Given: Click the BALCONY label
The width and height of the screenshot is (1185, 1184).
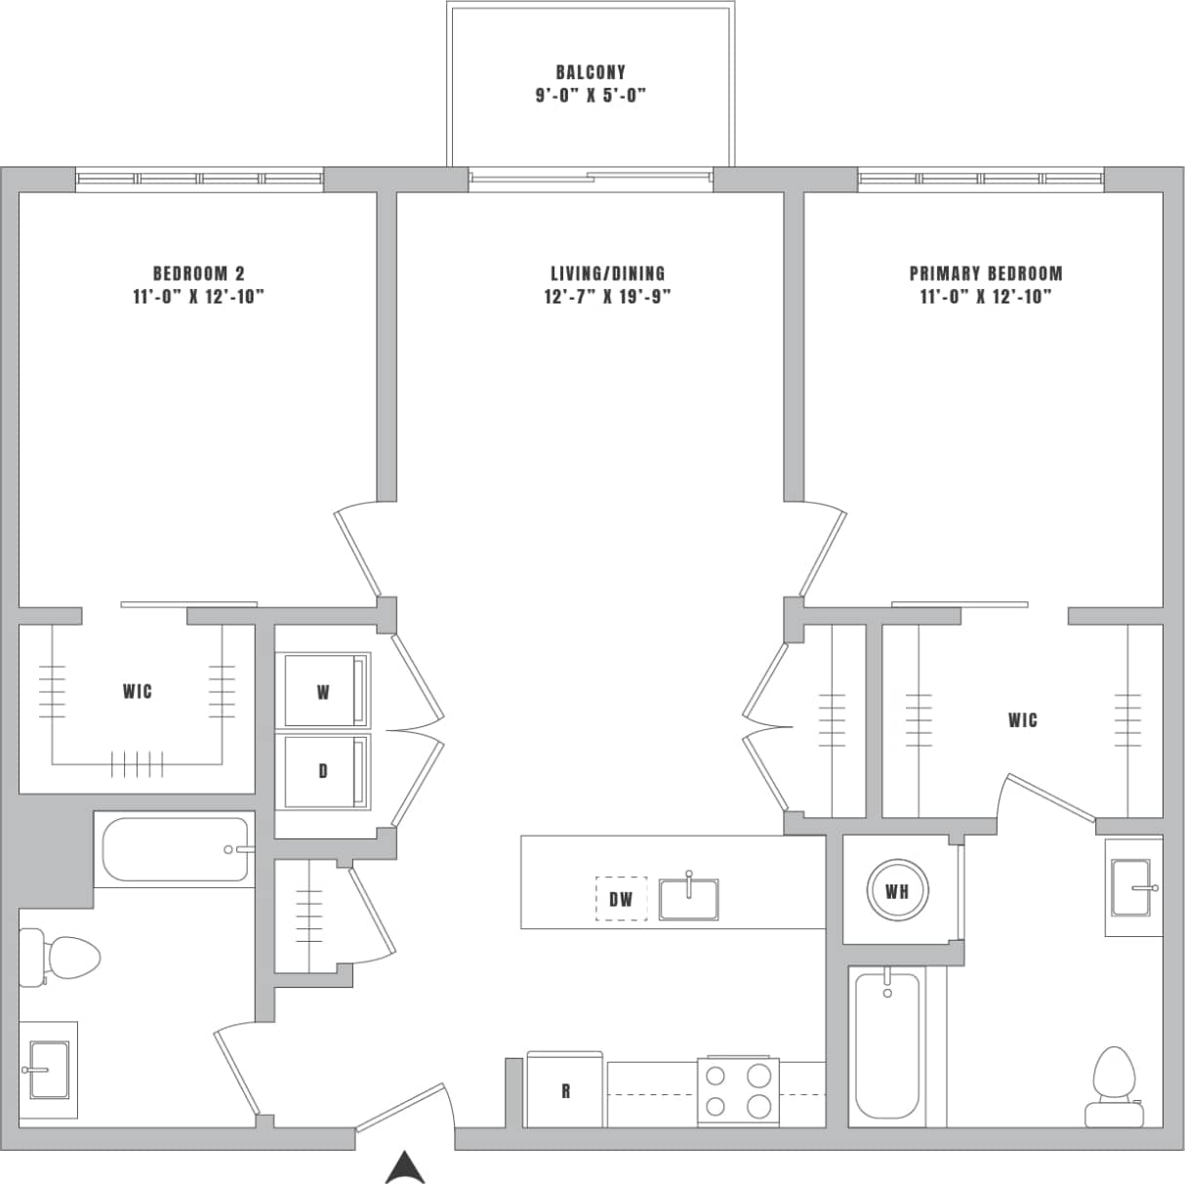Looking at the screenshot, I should tap(591, 72).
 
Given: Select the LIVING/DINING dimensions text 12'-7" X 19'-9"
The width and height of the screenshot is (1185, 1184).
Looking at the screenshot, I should tap(607, 297).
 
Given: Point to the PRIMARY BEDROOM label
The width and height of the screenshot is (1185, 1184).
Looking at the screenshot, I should tap(985, 273).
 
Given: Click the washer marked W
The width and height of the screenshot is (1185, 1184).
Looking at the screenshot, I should tap(323, 691).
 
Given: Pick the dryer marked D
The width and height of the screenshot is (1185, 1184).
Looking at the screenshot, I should tap(323, 771).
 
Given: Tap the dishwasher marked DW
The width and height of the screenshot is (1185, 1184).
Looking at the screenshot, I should tap(621, 899).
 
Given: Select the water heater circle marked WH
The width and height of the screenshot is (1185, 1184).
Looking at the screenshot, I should tap(897, 891).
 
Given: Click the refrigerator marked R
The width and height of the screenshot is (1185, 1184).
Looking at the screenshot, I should tap(565, 1090).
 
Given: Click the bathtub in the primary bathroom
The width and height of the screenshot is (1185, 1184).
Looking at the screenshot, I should tap(886, 1044).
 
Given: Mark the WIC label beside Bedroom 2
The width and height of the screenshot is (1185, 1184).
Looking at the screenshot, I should tap(138, 691).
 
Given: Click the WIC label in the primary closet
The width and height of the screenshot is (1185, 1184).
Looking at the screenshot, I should tap(1022, 720).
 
